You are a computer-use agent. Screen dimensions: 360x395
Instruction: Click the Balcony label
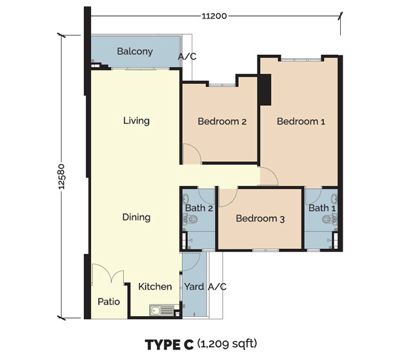134,51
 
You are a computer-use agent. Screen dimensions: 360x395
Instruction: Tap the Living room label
136,120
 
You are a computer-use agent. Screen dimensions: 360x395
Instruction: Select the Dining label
136,217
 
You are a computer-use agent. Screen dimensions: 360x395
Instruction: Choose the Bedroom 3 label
260,219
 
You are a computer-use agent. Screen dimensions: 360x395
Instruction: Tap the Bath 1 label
321,208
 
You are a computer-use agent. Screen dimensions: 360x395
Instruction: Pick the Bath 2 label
198,208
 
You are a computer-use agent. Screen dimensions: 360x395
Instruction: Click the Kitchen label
156,286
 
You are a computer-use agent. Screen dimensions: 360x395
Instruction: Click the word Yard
194,286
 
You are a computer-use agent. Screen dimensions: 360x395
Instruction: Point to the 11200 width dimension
214,15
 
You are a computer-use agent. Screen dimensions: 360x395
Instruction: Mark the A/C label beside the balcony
187,57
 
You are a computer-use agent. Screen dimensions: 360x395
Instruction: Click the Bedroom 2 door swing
191,154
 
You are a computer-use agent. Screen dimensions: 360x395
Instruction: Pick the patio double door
107,275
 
